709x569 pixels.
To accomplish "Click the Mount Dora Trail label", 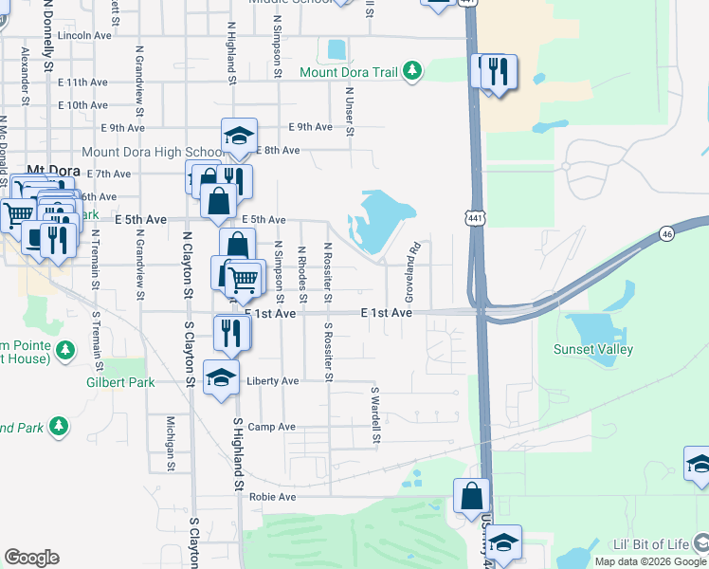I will [x=348, y=72].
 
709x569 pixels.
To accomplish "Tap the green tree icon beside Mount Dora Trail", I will [x=412, y=72].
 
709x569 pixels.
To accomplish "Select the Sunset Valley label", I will [x=592, y=349].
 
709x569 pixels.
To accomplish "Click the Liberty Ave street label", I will [x=272, y=381].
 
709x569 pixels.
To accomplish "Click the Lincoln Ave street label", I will [x=84, y=35].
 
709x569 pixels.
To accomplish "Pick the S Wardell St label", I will [x=375, y=414].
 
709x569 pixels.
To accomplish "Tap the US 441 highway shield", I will [x=471, y=217].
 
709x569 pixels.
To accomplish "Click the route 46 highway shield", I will [x=666, y=232].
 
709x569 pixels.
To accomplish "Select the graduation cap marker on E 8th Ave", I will [x=239, y=134].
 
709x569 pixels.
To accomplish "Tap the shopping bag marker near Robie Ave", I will [x=471, y=495].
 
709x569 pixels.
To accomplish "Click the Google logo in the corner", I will [x=31, y=558].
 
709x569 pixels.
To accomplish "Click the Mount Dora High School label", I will [x=152, y=152].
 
